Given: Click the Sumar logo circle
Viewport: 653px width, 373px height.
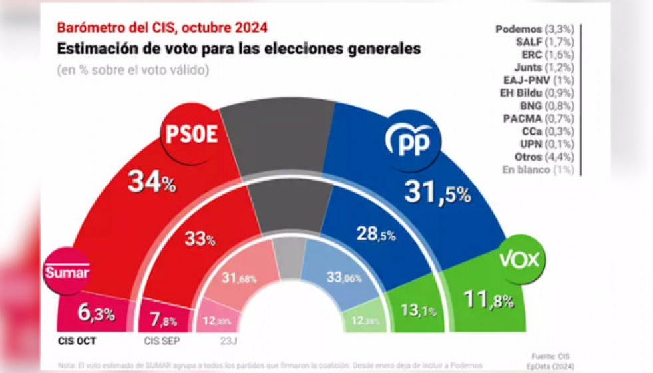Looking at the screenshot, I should (67, 272).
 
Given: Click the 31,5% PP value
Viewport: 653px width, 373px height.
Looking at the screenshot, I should (437, 193).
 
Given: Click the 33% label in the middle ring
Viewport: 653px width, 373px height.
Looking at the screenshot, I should (200, 239).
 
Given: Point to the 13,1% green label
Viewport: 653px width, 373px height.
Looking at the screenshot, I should (413, 309).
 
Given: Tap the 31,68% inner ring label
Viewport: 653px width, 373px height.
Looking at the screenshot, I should (240, 278).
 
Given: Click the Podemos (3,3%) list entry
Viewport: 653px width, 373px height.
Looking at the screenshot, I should (535, 29).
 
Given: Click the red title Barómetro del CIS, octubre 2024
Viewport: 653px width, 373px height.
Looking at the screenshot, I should (162, 27).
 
